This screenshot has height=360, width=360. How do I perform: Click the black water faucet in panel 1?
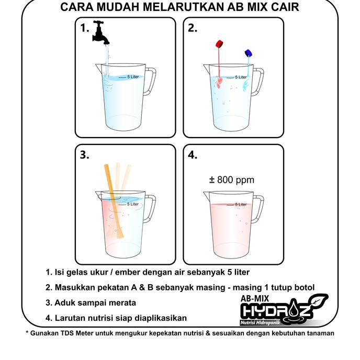tap(102, 32)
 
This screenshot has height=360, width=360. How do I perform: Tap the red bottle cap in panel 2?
tap(220, 44)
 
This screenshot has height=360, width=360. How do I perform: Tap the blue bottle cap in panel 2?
tap(249, 53)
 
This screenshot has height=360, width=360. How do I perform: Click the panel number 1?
tap(85, 29)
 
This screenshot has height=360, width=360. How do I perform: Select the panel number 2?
tap(193, 29)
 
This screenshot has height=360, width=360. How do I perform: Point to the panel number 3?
tap(85, 155)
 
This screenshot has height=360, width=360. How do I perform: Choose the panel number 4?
tap(193, 155)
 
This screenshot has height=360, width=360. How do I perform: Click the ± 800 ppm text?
tap(231, 180)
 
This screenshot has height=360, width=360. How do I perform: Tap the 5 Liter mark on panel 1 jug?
tap(132, 77)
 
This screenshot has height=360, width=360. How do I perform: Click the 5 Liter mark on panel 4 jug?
tap(241, 205)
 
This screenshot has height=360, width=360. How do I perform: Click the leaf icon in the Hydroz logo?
tap(318, 302)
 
